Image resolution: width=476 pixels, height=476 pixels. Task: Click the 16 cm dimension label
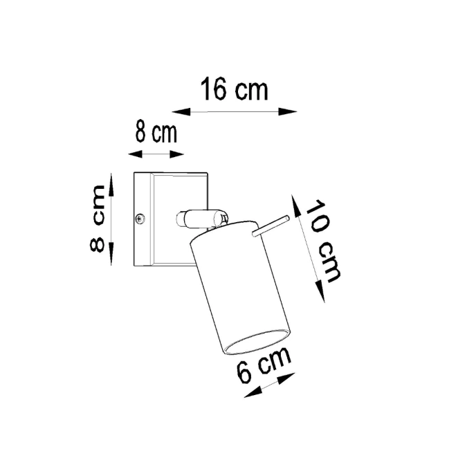tap(234, 90)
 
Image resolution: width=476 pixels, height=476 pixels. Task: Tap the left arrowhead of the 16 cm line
tap(177, 111)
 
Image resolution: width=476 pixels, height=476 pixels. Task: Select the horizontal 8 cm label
tap(156, 132)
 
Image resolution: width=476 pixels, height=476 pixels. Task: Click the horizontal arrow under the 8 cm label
tap(156, 154)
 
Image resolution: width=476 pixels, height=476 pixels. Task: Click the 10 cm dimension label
tap(323, 242)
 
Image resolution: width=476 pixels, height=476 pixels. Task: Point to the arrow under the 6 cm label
tap(271, 384)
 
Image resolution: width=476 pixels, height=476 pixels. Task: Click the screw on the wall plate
tap(140, 219)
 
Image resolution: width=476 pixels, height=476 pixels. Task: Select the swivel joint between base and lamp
tap(201, 219)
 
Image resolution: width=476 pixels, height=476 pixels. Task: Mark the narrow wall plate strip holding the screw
tap(142, 219)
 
